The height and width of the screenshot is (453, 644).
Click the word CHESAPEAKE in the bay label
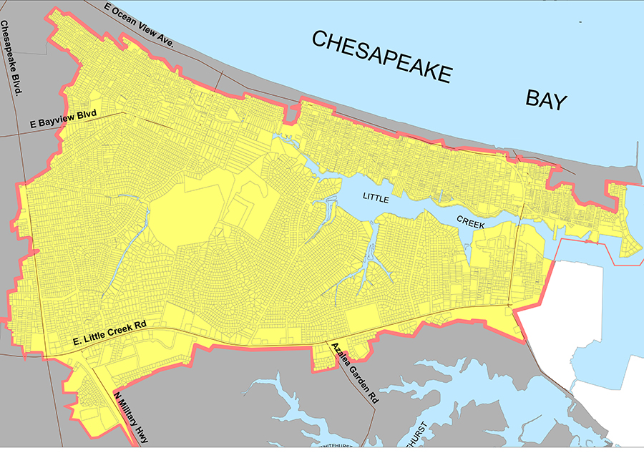381,57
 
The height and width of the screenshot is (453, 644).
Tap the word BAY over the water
546,99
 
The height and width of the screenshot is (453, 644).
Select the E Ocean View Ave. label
140,23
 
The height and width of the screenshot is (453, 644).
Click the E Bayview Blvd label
63,122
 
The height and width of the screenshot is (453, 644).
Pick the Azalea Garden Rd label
352,374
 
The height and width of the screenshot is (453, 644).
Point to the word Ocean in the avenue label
128,17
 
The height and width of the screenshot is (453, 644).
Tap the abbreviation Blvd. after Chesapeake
15,84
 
